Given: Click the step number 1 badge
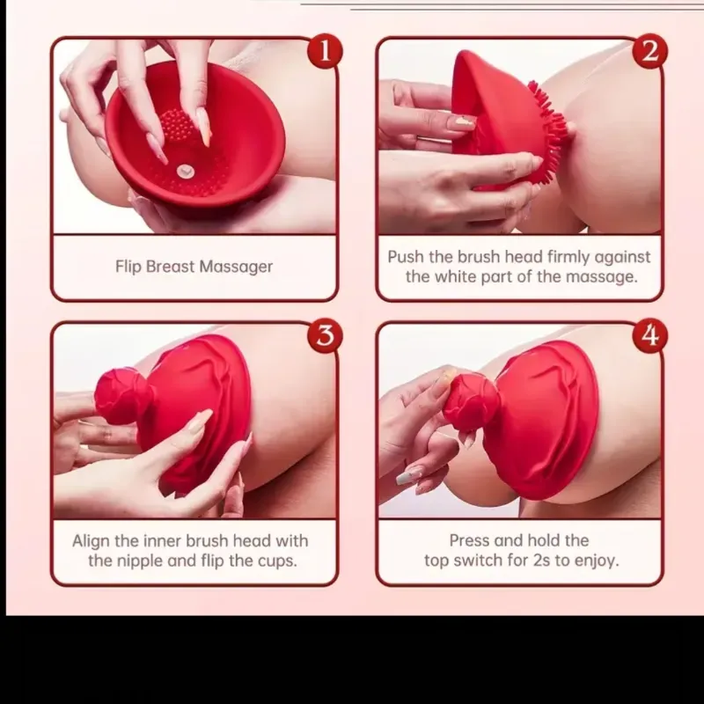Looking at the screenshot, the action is click(325, 52).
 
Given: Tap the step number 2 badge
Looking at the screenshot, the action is click(649, 51).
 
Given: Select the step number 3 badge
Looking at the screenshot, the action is click(325, 336).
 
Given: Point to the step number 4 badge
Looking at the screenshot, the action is click(649, 336).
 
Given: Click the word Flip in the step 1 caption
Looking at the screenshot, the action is click(128, 267).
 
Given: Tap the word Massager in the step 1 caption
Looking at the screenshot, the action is click(236, 267).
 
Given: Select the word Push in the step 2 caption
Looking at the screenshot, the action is click(406, 257).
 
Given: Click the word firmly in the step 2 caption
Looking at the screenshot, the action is click(568, 257).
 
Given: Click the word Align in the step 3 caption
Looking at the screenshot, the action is click(91, 541).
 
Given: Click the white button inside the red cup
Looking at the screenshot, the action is click(185, 171).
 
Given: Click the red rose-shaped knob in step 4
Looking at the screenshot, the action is click(472, 403).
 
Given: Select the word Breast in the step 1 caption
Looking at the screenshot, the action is click(170, 267).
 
